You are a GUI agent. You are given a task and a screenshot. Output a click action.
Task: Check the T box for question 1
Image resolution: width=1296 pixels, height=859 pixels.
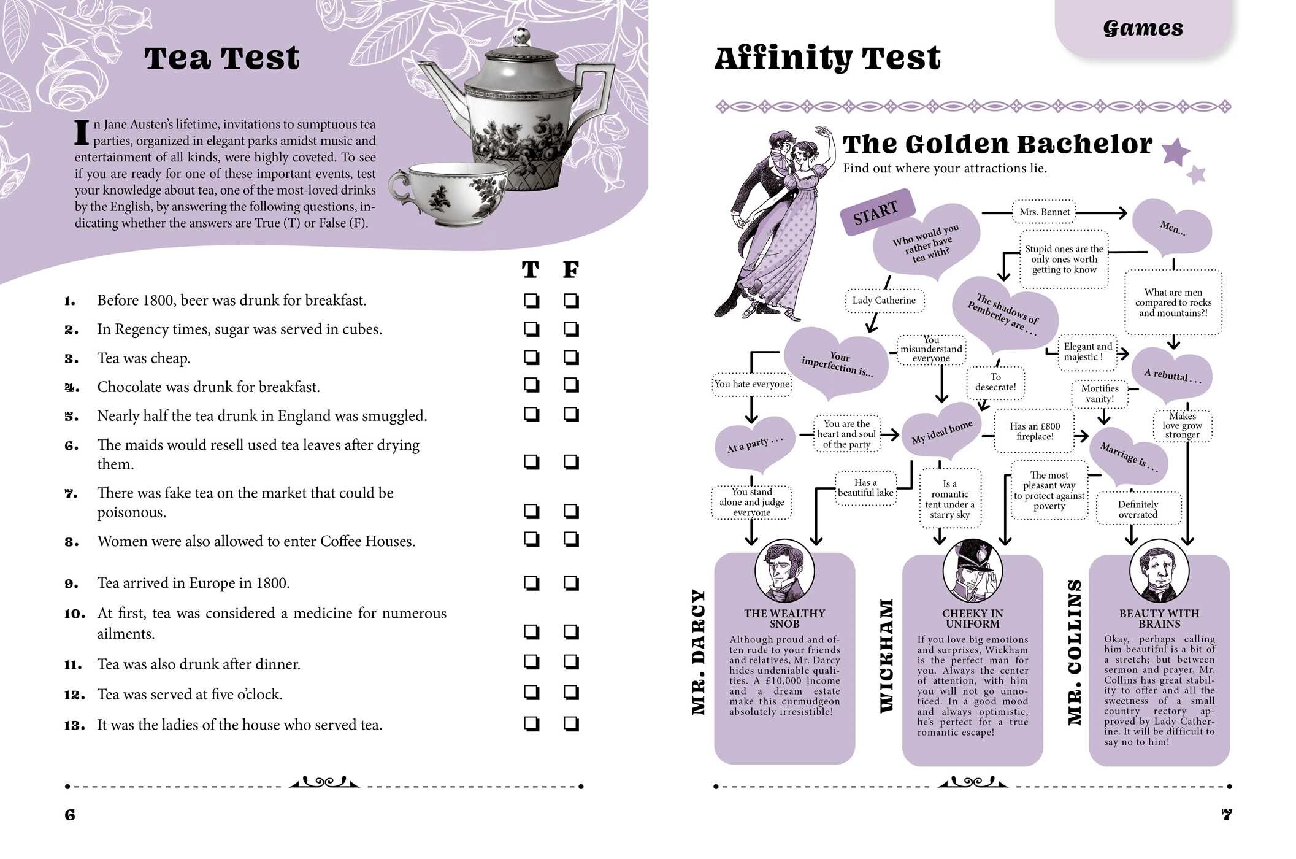[532, 301]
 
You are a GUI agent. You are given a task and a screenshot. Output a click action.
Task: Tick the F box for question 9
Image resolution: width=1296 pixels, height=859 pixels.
[571, 583]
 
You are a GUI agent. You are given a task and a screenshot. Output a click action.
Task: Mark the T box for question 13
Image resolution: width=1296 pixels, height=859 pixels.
[532, 724]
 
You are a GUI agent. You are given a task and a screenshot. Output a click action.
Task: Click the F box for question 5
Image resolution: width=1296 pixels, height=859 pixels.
[571, 415]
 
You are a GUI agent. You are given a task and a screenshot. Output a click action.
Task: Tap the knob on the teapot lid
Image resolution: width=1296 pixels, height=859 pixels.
[522, 36]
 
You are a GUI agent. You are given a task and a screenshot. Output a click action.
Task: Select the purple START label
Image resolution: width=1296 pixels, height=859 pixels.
[876, 212]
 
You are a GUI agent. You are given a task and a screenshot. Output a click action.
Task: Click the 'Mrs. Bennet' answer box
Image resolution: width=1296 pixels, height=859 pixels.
[1045, 212]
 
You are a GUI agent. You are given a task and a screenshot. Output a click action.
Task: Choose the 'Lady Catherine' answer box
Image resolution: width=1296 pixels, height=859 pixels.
[884, 301]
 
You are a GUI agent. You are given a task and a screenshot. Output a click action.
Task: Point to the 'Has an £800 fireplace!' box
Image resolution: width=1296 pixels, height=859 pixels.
[1034, 431]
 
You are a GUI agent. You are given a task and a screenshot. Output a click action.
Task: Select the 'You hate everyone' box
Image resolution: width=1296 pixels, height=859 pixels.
[752, 384]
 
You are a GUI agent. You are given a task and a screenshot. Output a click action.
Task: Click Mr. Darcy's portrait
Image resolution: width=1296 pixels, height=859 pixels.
[784, 572]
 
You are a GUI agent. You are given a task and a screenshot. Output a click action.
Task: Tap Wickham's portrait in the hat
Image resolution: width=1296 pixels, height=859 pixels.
[972, 571]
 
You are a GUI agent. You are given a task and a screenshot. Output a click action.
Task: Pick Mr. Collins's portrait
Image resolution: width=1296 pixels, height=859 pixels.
[1159, 572]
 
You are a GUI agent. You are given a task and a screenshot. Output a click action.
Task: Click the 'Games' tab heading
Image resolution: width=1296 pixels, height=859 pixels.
[1143, 28]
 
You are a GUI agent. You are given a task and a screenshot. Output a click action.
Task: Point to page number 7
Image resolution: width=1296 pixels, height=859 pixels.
[1227, 815]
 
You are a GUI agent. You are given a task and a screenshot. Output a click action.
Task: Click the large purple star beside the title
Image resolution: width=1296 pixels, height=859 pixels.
[1176, 152]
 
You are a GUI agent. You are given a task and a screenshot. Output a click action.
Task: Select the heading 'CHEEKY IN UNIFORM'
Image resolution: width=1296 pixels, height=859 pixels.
[972, 618]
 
